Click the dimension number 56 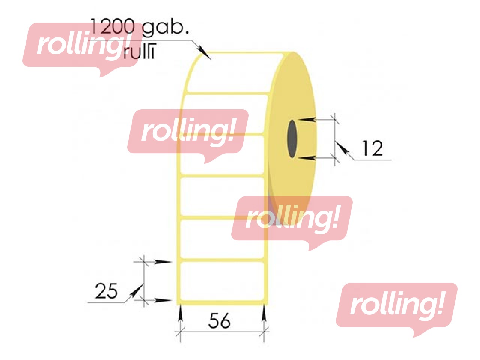pos(219,321)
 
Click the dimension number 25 pos(106,291)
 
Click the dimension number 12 pos(372,148)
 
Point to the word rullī pos(139,52)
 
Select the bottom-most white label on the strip pos(222,281)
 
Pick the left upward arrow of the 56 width pos(181,313)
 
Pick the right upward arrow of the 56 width pos(264,313)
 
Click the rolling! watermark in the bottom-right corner pos(396,306)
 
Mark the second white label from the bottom pos(222,238)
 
